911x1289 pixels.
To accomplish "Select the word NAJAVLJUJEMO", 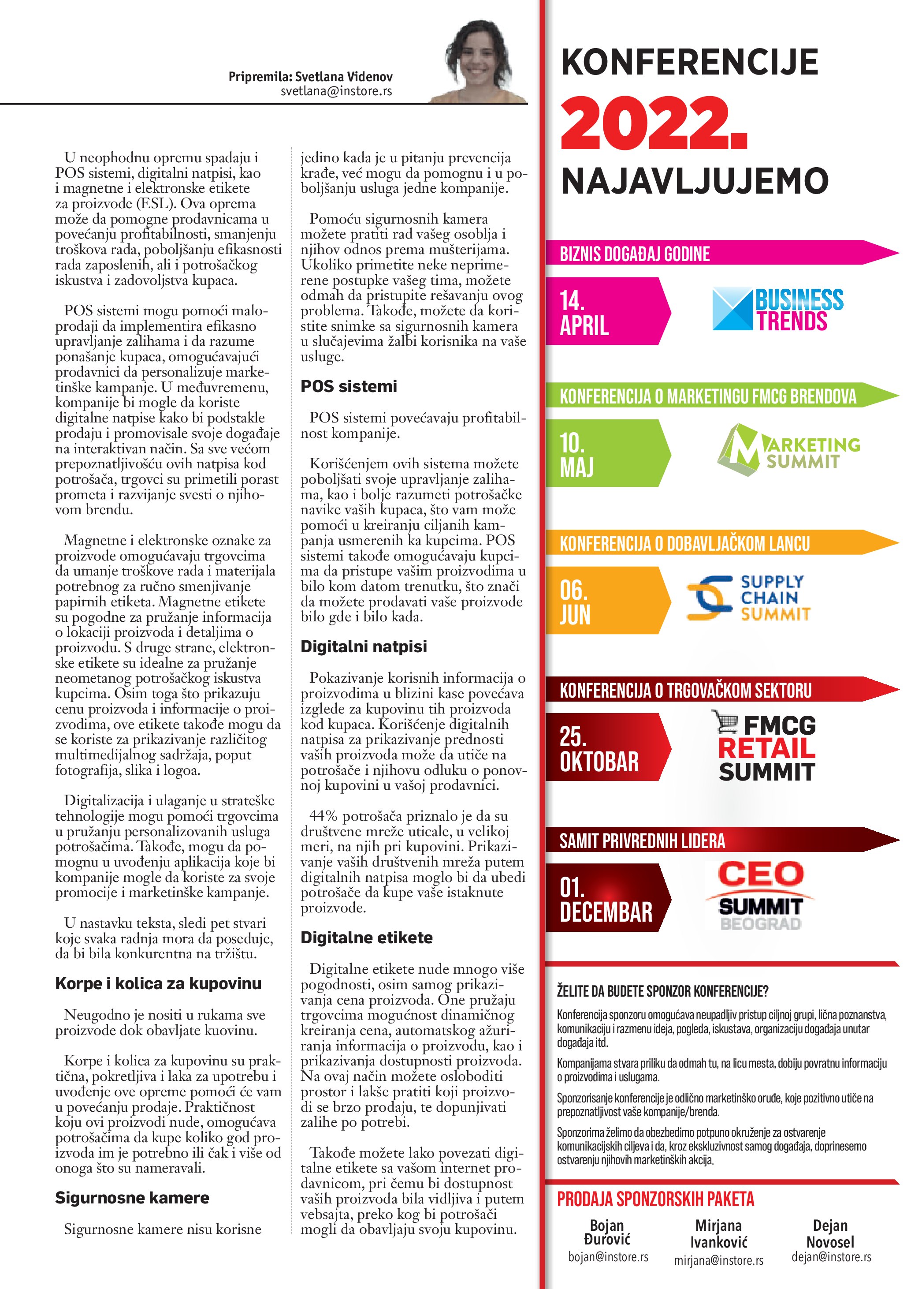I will pyautogui.click(x=695, y=181).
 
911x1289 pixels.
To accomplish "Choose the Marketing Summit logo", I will pyautogui.click(x=788, y=451).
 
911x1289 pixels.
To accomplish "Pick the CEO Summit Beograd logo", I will pyautogui.click(x=760, y=896).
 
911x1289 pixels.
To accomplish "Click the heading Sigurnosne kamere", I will pyautogui.click(x=132, y=1198).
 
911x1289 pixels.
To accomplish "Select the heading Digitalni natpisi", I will pyautogui.click(x=364, y=647).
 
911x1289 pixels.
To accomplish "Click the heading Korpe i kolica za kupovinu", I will pyautogui.click(x=158, y=983).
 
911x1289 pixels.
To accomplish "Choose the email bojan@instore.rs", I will pyautogui.click(x=608, y=1257).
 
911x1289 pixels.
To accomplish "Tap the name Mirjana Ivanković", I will pyautogui.click(x=718, y=1233).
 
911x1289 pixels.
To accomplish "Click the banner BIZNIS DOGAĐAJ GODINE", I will pyautogui.click(x=635, y=254).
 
